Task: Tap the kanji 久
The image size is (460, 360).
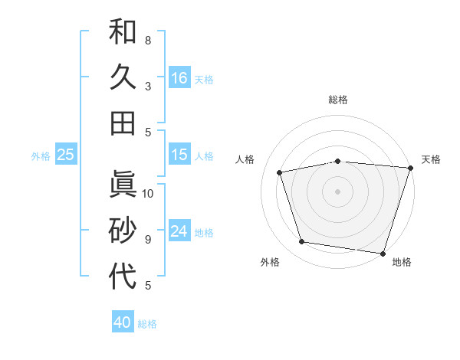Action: [x=123, y=77]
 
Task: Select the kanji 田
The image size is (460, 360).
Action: [x=123, y=123]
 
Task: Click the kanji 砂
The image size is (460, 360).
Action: [x=123, y=231]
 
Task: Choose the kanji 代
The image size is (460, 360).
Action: [x=123, y=277]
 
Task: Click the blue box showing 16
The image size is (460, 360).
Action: [x=179, y=77]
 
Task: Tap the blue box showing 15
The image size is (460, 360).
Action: [x=179, y=155]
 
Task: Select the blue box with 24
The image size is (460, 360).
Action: [x=179, y=232]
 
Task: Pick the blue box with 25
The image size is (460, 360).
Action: [x=66, y=155]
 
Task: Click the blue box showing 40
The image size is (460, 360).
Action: [x=123, y=322]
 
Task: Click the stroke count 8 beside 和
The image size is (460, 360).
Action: [x=147, y=40]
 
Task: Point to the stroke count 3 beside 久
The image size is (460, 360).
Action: [x=147, y=86]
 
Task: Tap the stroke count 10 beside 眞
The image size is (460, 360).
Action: [x=148, y=194]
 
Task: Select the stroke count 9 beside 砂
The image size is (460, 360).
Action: [x=147, y=240]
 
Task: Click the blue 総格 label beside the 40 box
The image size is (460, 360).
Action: [x=147, y=324]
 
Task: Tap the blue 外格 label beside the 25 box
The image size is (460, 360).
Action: [x=41, y=156]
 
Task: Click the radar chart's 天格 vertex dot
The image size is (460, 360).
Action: [x=410, y=168]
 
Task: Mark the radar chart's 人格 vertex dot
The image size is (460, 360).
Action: [x=280, y=172]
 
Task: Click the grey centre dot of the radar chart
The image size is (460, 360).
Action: [x=337, y=191]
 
